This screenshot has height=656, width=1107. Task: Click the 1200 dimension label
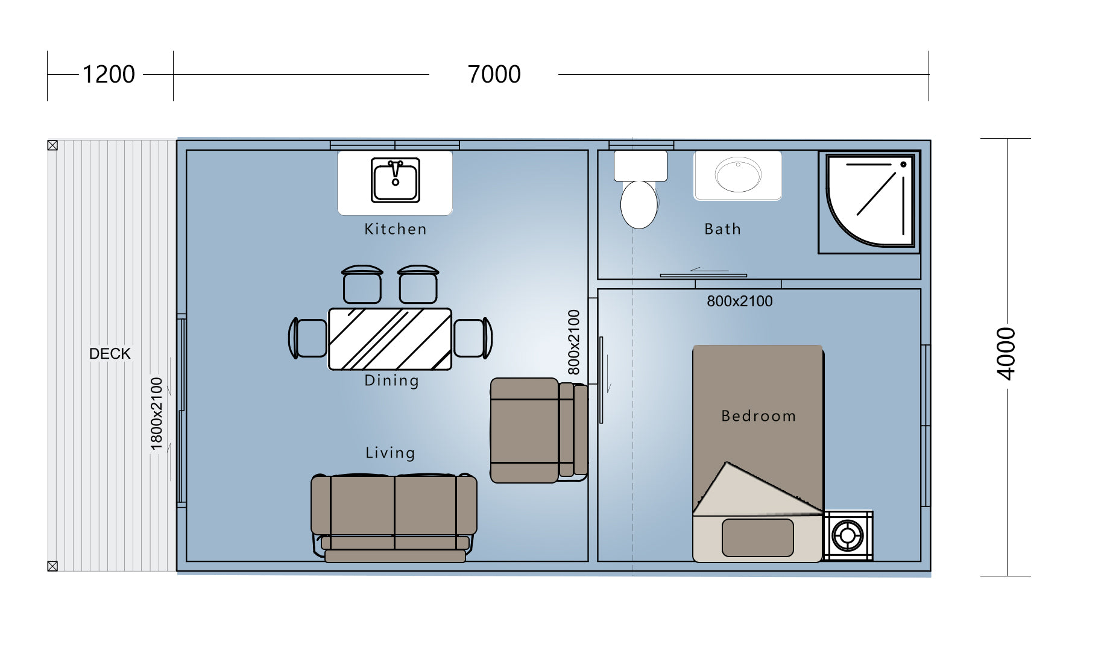(x=109, y=75)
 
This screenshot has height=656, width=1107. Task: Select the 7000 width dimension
(x=494, y=75)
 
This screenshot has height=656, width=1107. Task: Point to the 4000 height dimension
(x=1006, y=354)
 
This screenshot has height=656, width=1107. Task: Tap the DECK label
(x=110, y=354)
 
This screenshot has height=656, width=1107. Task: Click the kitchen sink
(x=395, y=180)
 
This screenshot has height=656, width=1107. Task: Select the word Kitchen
(x=396, y=229)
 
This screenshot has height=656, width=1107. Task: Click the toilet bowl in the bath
(x=639, y=204)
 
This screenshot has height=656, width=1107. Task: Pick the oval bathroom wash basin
(x=738, y=175)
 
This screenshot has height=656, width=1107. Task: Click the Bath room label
(x=722, y=229)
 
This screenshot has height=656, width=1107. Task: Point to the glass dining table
(x=390, y=339)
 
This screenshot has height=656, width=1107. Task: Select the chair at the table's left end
(x=308, y=338)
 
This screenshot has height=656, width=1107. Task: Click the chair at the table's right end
(x=473, y=338)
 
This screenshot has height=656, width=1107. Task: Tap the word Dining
(x=391, y=380)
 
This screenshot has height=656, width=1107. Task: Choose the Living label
(x=390, y=453)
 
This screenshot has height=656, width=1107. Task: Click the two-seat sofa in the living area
(x=394, y=518)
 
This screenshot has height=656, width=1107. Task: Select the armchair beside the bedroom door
(x=539, y=430)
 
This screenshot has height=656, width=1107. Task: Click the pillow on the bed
(x=758, y=537)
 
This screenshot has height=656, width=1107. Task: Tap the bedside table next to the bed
(x=848, y=536)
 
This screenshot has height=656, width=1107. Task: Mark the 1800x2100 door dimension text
(x=157, y=414)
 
